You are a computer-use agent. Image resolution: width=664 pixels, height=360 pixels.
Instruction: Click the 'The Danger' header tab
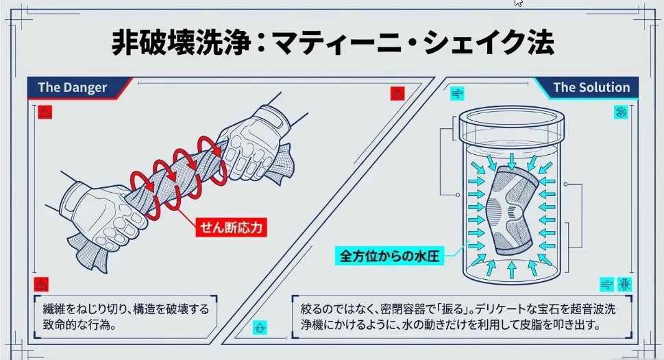(73, 87)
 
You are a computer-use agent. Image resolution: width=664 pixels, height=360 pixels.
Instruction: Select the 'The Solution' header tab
(591, 87)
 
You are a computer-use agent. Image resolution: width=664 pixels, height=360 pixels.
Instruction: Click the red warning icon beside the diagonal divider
(397, 94)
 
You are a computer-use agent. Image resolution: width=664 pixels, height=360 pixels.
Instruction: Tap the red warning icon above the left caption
(42, 284)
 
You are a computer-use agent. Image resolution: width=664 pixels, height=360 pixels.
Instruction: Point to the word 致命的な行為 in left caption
(69, 324)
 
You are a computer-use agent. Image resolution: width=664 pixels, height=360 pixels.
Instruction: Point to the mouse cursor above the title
(519, 3)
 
